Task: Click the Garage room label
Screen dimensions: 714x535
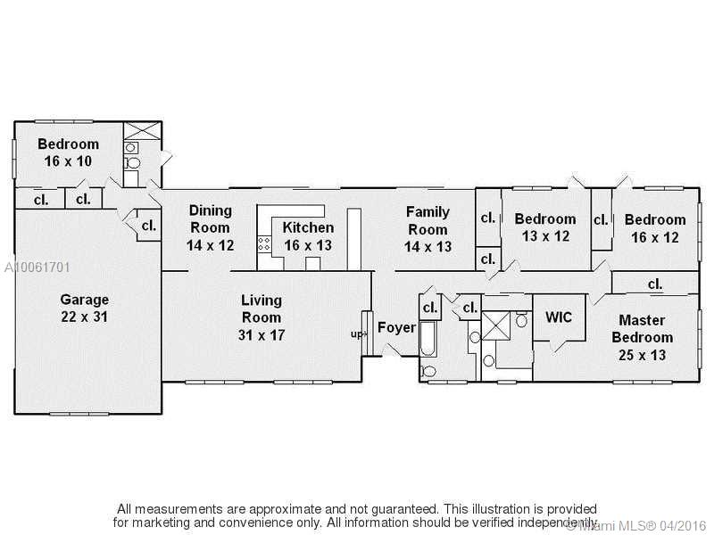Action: (x=84, y=300)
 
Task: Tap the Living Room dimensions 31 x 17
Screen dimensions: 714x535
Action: (x=262, y=335)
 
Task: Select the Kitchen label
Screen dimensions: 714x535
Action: (x=308, y=227)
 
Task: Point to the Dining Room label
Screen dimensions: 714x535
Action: (x=211, y=218)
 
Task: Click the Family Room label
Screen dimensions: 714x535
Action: (x=428, y=220)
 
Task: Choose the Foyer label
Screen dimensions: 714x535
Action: (x=396, y=327)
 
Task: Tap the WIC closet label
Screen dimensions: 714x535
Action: (x=559, y=317)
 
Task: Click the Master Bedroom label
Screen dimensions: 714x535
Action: (x=642, y=329)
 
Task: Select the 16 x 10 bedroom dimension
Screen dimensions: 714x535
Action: (x=68, y=161)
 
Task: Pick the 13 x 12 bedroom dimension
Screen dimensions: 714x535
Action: (x=545, y=236)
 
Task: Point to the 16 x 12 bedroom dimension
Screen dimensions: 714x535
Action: (x=655, y=237)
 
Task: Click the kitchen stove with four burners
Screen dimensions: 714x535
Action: (x=264, y=243)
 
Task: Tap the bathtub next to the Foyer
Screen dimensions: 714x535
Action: (x=428, y=339)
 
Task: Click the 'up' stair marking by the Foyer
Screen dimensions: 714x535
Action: (x=357, y=334)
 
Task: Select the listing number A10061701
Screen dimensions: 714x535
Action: (x=37, y=267)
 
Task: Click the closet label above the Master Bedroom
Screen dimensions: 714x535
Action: (x=655, y=284)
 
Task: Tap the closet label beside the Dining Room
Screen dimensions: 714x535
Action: (x=149, y=226)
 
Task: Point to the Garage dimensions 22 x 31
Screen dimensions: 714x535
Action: (x=84, y=317)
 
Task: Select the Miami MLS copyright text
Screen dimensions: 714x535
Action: (x=636, y=525)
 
